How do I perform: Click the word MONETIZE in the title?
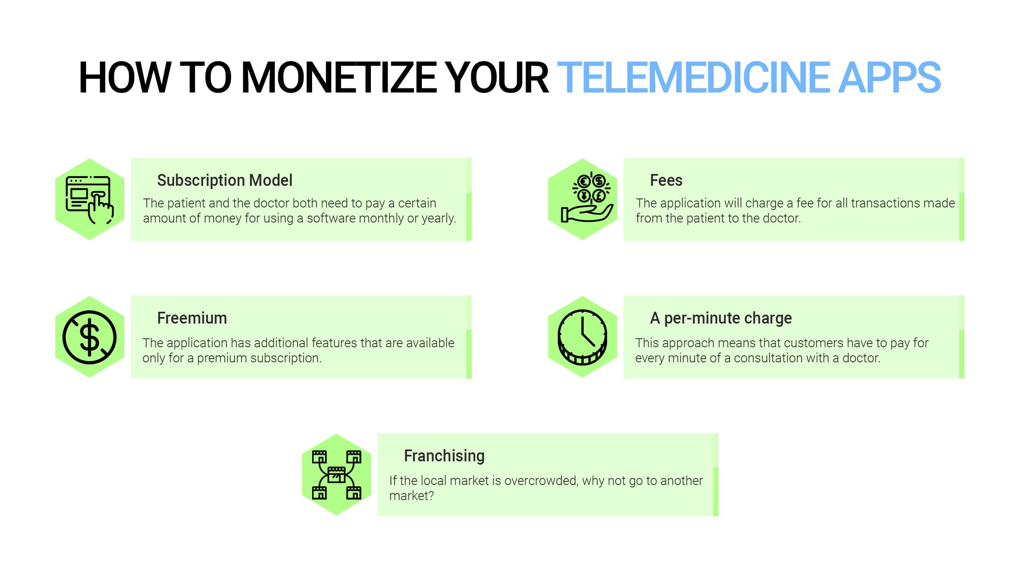click(x=339, y=77)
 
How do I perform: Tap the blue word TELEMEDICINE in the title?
click(x=693, y=77)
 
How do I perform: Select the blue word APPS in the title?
click(x=889, y=77)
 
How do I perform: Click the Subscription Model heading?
click(x=224, y=180)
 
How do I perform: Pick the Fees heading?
click(x=666, y=180)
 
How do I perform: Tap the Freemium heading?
click(x=192, y=318)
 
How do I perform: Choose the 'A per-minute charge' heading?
click(x=721, y=318)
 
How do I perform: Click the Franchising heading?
click(x=444, y=456)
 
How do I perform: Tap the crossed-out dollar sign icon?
click(x=89, y=337)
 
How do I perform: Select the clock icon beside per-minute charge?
click(x=582, y=337)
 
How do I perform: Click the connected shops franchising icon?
click(x=337, y=475)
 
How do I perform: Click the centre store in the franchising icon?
click(x=336, y=475)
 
